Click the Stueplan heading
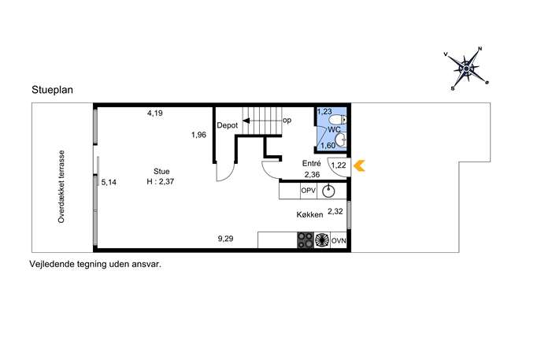click(x=53, y=90)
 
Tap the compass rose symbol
click(x=466, y=69)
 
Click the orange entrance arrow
click(x=359, y=165)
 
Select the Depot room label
click(x=228, y=125)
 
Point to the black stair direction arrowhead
click(x=246, y=121)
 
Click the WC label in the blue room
click(x=334, y=130)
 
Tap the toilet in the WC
click(x=338, y=120)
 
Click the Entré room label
click(x=311, y=164)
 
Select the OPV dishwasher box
click(x=309, y=191)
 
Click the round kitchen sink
click(x=328, y=191)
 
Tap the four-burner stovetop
click(x=306, y=240)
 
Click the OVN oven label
click(x=339, y=240)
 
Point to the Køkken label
click(x=309, y=215)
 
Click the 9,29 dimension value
click(x=225, y=239)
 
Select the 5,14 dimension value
click(x=109, y=182)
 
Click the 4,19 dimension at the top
click(x=155, y=113)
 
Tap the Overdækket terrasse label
click(x=61, y=187)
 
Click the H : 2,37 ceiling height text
click(x=161, y=181)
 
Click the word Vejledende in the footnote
click(x=52, y=265)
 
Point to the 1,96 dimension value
click(x=199, y=135)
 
